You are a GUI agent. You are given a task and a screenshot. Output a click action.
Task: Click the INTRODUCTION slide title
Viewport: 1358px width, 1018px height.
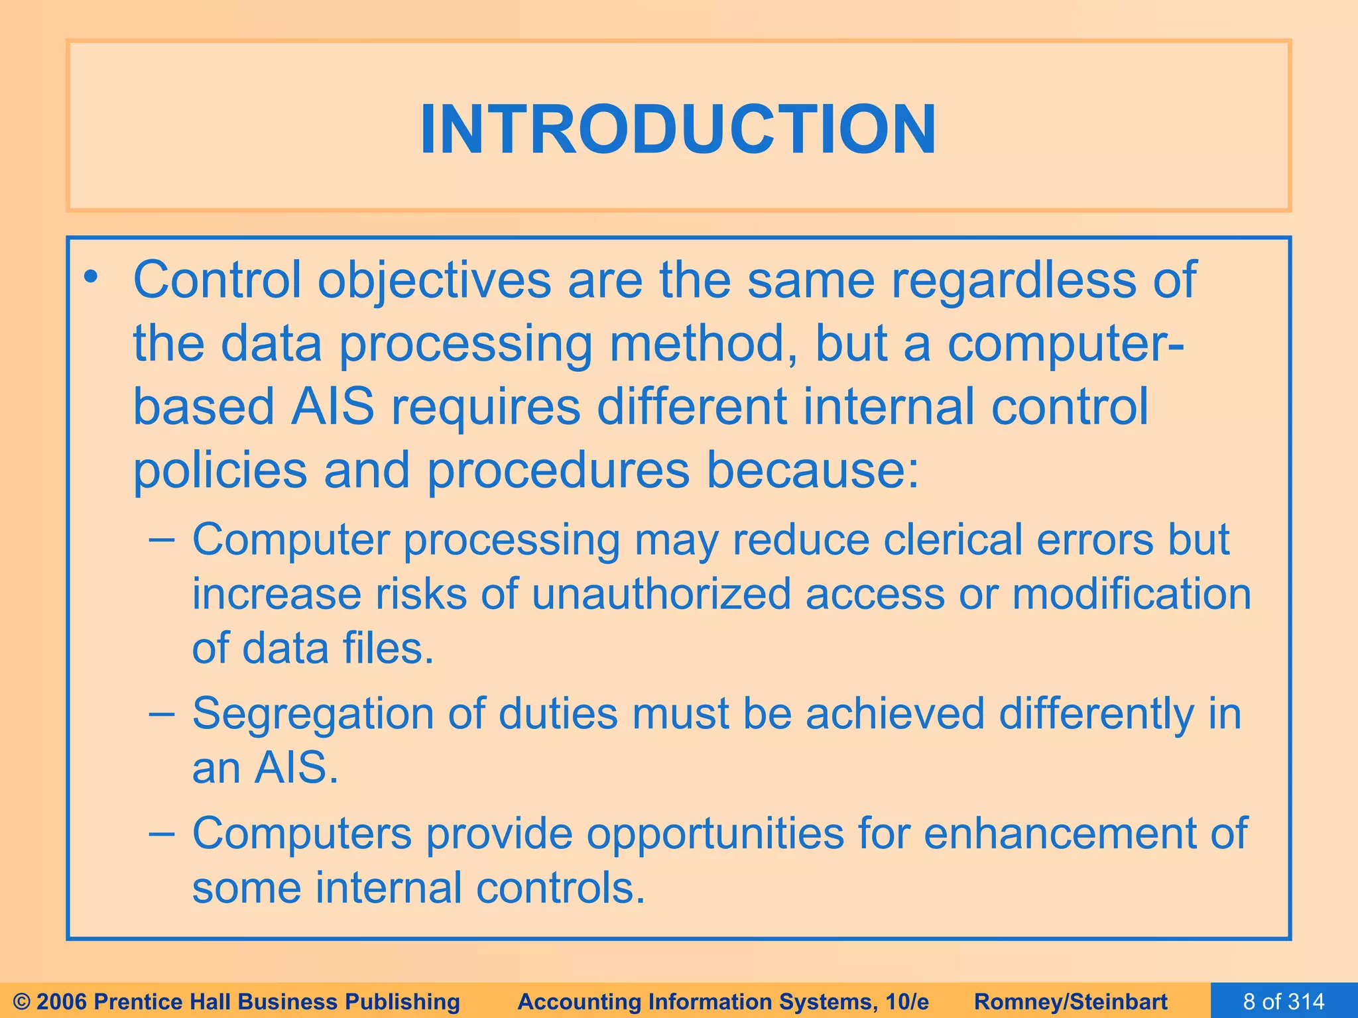click(x=678, y=129)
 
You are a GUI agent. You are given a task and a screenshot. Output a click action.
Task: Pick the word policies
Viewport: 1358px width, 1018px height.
click(x=220, y=471)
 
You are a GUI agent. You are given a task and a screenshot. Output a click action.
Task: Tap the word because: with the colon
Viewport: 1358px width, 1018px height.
click(x=813, y=470)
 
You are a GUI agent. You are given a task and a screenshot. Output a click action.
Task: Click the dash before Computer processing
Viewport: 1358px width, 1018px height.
click(x=162, y=539)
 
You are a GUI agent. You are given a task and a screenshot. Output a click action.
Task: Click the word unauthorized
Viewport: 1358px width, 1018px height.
click(x=661, y=594)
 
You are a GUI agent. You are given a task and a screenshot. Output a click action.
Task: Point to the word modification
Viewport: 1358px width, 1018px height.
click(x=1131, y=594)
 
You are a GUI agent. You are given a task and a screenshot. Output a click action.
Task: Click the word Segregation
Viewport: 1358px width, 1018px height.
click(x=312, y=714)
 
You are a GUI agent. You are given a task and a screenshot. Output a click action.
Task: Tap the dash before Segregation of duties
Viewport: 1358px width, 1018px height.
click(x=162, y=714)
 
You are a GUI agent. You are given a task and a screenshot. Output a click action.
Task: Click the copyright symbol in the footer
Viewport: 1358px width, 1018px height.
click(x=21, y=1001)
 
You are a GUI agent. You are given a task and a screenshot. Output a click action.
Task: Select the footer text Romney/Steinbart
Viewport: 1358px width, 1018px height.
click(x=1070, y=1001)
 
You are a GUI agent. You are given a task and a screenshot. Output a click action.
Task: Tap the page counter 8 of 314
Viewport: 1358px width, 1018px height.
click(x=1284, y=1001)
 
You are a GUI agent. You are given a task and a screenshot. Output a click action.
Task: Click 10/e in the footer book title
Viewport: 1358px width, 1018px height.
click(x=907, y=1001)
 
